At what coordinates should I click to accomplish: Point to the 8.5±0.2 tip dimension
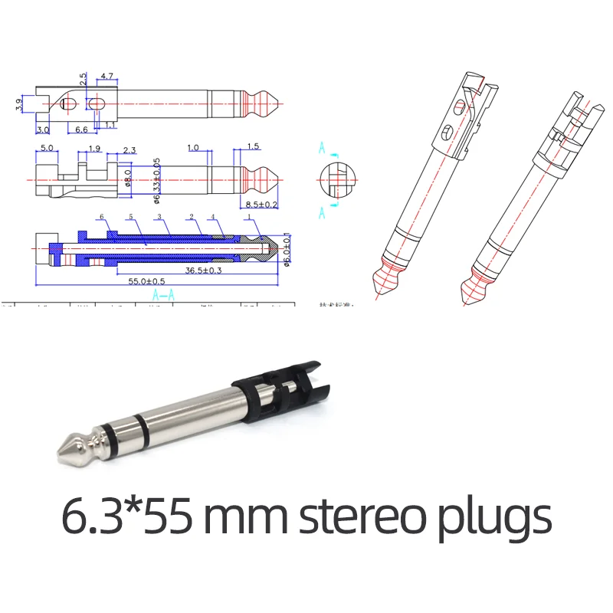(x=261, y=204)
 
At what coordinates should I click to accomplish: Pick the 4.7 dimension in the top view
(x=107, y=77)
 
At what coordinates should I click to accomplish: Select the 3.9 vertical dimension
(x=18, y=104)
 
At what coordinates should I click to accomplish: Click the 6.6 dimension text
(x=81, y=129)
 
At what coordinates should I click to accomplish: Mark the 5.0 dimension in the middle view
(x=46, y=147)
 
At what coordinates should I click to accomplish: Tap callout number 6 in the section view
(x=100, y=218)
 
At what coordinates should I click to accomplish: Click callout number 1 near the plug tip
(x=249, y=218)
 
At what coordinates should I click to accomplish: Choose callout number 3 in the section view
(x=159, y=218)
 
